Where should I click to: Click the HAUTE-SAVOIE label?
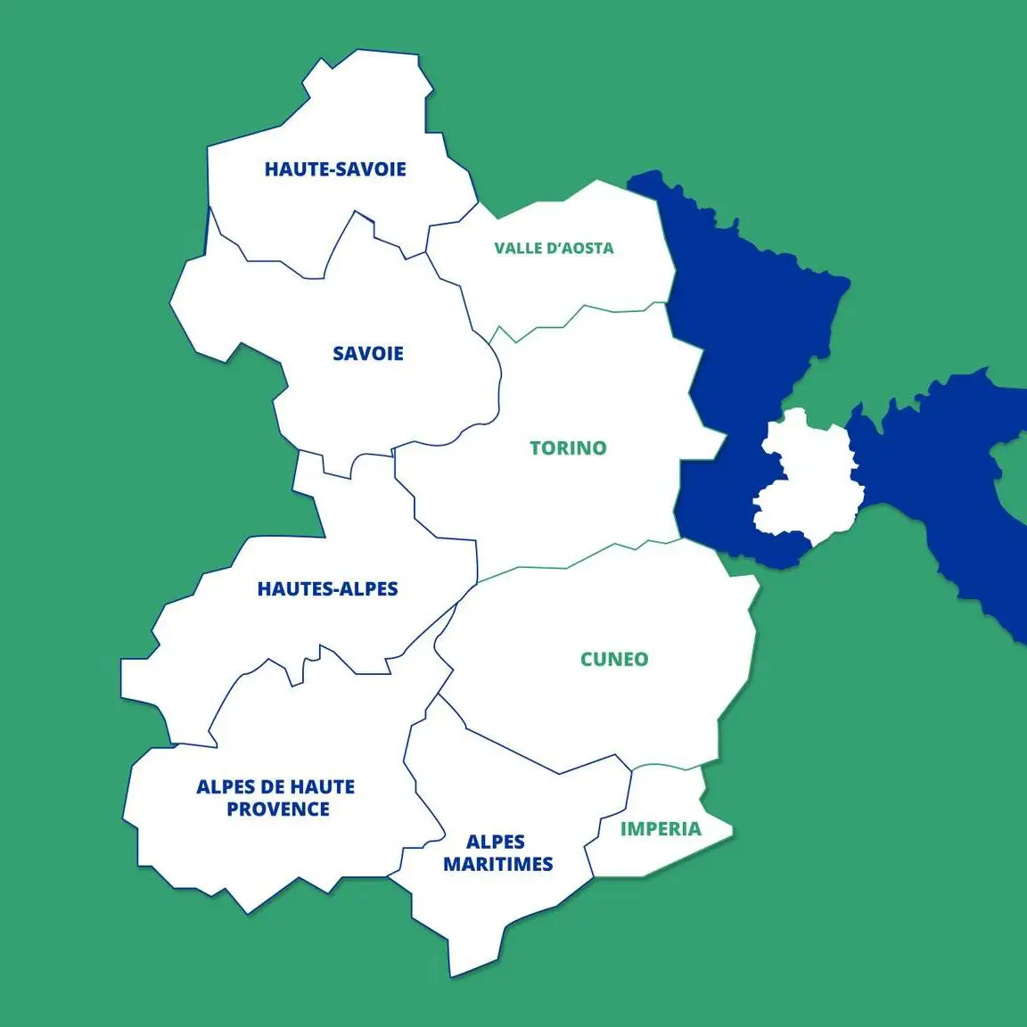pyautogui.click(x=335, y=169)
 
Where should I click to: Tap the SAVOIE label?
pyautogui.click(x=368, y=354)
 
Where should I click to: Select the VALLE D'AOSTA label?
pyautogui.click(x=554, y=248)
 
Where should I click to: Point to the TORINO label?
pyautogui.click(x=568, y=448)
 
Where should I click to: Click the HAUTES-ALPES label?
pyautogui.click(x=327, y=588)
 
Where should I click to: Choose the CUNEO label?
pyautogui.click(x=614, y=660)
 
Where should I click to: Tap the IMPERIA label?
pyautogui.click(x=661, y=829)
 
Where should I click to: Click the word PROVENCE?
pyautogui.click(x=278, y=809)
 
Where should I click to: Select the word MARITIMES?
pyautogui.click(x=498, y=864)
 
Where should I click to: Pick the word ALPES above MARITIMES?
pyautogui.click(x=496, y=842)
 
